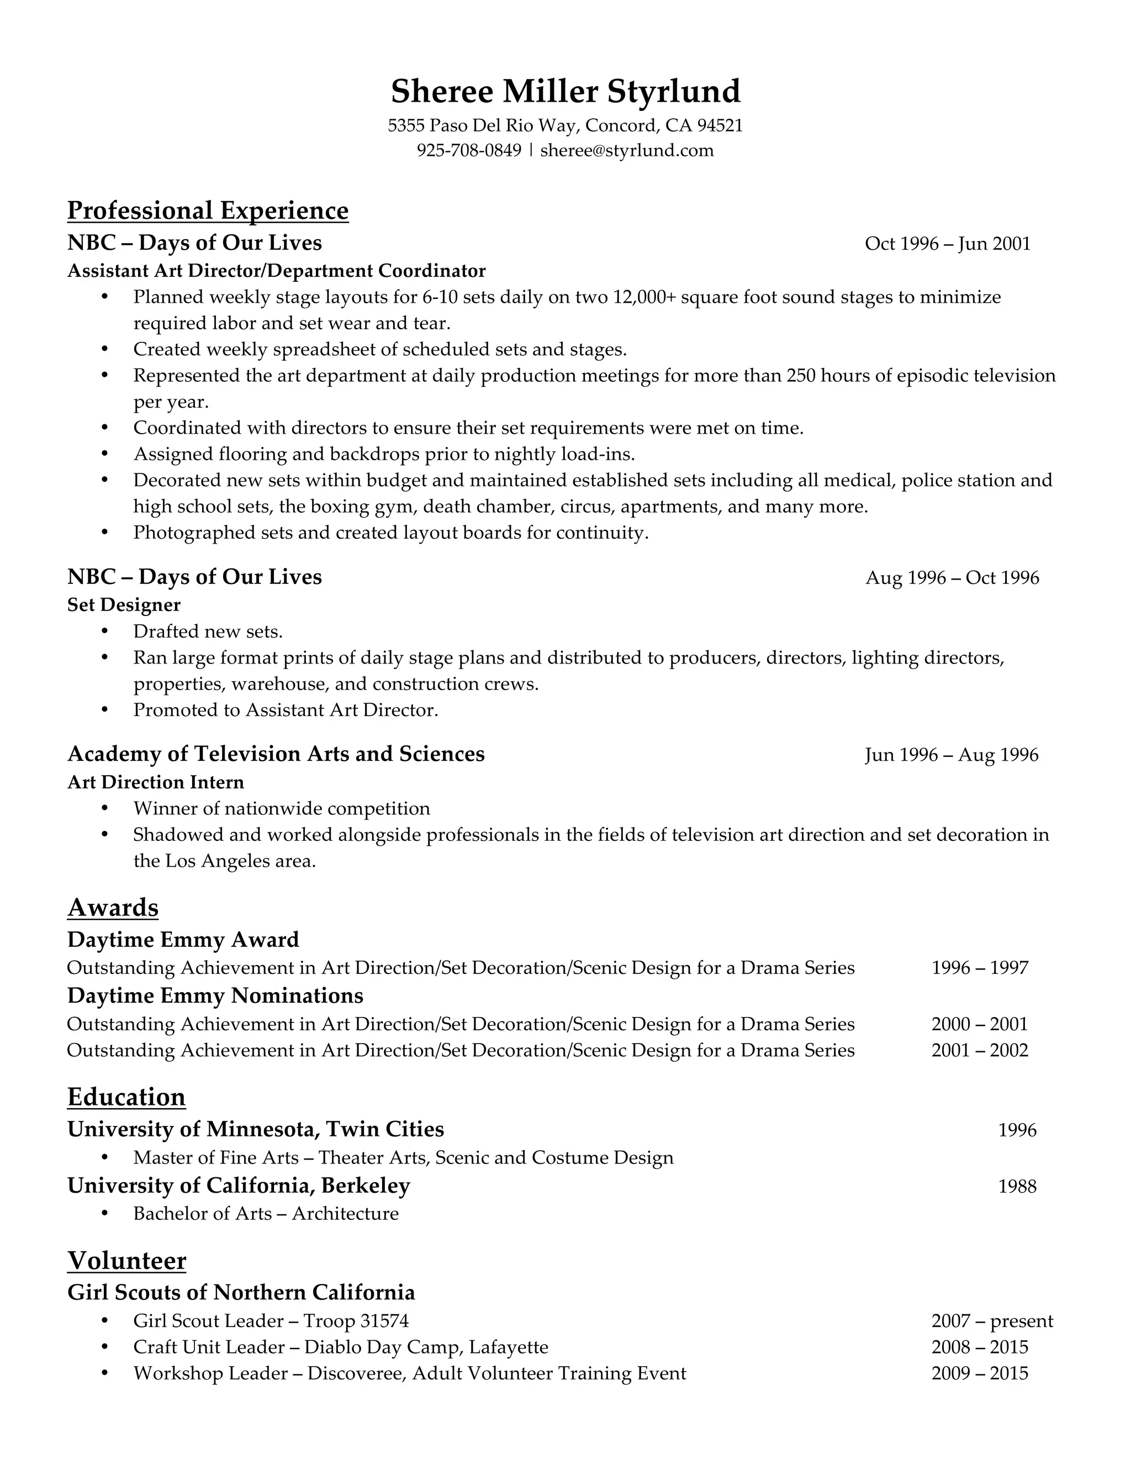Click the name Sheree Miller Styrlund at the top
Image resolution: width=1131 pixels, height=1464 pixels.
565,91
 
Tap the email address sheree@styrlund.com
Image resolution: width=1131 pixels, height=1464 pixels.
626,150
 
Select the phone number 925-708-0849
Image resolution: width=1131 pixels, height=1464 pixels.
468,150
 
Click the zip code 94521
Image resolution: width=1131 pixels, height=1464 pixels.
720,125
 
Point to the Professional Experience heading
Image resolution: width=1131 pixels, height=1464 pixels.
208,210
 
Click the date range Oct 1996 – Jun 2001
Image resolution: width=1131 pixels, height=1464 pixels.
947,243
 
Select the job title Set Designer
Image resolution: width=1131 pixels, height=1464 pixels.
124,604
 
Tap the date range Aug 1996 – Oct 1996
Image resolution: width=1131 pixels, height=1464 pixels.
952,578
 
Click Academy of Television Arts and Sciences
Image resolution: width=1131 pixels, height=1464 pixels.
276,754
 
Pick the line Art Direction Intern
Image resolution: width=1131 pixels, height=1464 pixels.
155,782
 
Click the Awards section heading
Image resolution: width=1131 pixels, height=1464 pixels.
113,907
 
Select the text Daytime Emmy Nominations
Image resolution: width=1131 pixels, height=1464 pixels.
215,996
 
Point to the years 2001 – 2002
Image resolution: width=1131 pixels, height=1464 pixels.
979,1050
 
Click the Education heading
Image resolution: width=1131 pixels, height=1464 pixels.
126,1097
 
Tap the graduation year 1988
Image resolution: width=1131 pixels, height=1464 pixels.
1017,1187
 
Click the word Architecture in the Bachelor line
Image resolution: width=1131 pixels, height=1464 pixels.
345,1213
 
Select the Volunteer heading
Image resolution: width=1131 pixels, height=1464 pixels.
126,1260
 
